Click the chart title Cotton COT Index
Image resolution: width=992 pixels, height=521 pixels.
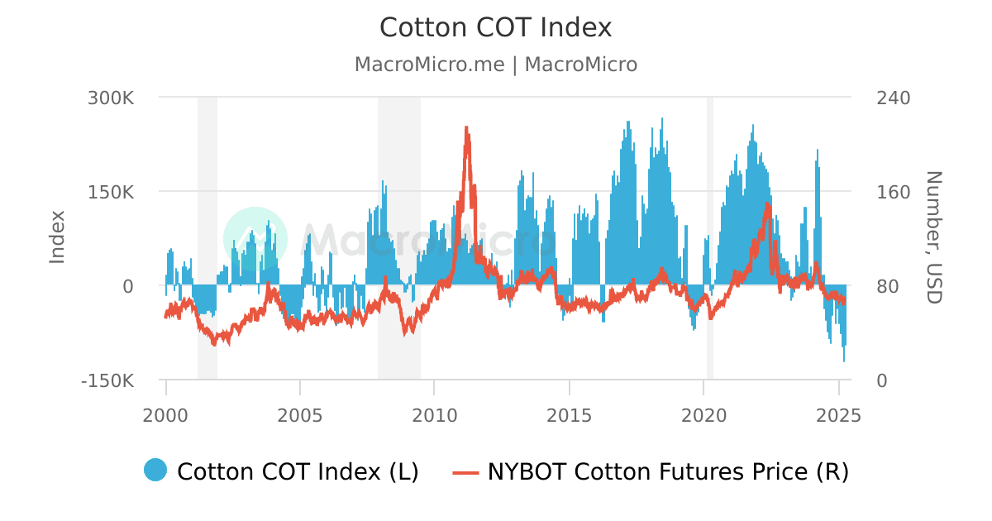pyautogui.click(x=495, y=27)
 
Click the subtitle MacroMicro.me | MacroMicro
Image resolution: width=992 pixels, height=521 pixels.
pyautogui.click(x=495, y=65)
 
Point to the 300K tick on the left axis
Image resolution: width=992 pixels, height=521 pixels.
pyautogui.click(x=111, y=98)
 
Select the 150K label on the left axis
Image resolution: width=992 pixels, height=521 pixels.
pyautogui.click(x=111, y=192)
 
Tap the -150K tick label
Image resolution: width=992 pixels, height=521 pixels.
pyautogui.click(x=107, y=380)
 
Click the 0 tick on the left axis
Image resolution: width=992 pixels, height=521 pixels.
pyautogui.click(x=127, y=286)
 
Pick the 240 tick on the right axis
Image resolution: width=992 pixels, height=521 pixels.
pyautogui.click(x=893, y=98)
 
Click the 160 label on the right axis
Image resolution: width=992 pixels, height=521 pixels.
pyautogui.click(x=893, y=192)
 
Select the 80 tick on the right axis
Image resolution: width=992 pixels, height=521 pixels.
pyautogui.click(x=888, y=286)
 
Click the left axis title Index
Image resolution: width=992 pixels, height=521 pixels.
pyautogui.click(x=57, y=237)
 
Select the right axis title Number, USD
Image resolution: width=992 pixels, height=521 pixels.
pyautogui.click(x=933, y=237)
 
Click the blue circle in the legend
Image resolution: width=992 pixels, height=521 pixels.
pyautogui.click(x=155, y=470)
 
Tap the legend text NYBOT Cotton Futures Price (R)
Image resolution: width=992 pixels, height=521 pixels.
pyautogui.click(x=668, y=471)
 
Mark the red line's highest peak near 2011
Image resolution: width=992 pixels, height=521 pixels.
pyautogui.click(x=466, y=127)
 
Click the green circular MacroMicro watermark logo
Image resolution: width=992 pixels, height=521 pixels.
pyautogui.click(x=255, y=238)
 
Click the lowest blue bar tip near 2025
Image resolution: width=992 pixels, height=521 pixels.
pyautogui.click(x=844, y=361)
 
